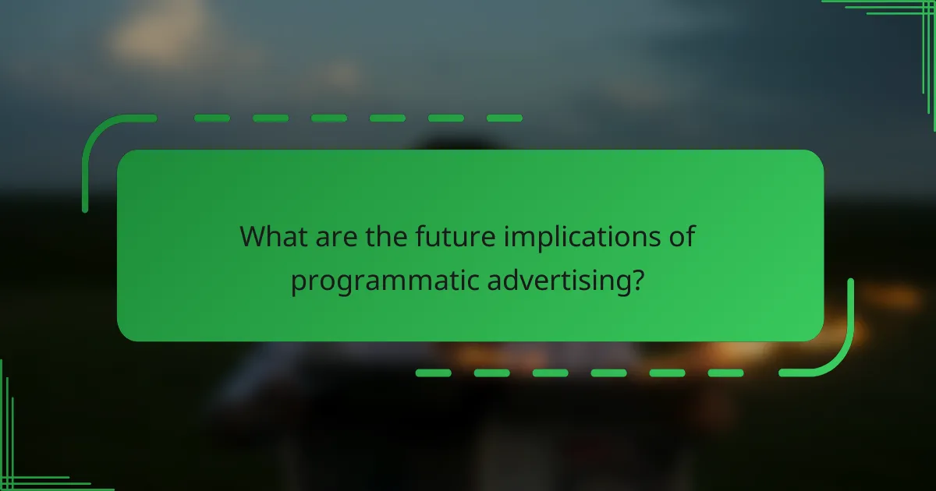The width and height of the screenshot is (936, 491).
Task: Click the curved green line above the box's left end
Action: click(97, 140)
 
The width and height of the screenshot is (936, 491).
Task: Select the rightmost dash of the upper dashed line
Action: click(504, 118)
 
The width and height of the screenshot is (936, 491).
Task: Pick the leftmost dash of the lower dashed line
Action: click(434, 373)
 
